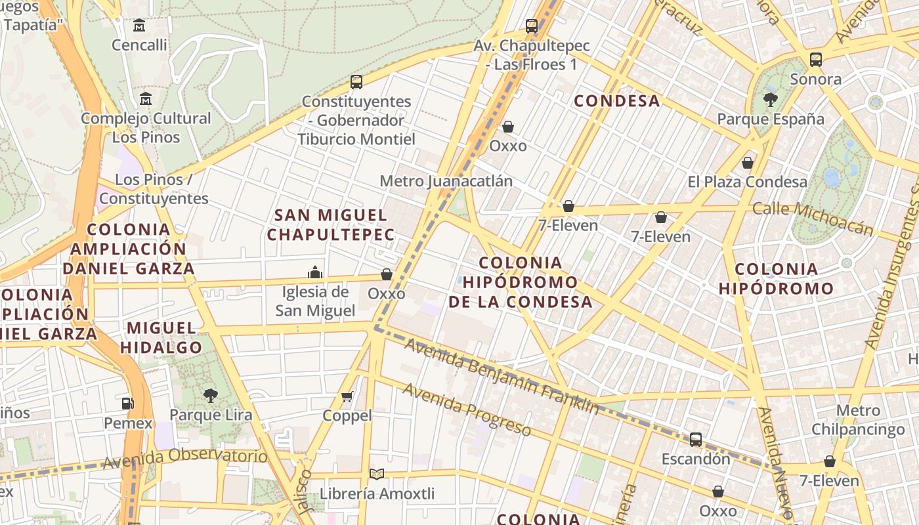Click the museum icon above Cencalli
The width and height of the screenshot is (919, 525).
pyautogui.click(x=139, y=26)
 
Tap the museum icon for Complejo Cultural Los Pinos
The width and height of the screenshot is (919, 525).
pyautogui.click(x=146, y=99)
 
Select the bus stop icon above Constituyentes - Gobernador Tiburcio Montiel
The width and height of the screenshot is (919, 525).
pyautogui.click(x=356, y=82)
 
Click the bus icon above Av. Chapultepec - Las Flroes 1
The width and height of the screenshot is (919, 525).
pyautogui.click(x=532, y=27)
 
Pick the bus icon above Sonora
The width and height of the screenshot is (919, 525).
pyautogui.click(x=816, y=60)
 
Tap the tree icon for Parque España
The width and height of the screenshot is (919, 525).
pyautogui.click(x=771, y=100)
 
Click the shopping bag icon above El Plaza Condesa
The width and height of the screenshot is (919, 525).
pyautogui.click(x=747, y=163)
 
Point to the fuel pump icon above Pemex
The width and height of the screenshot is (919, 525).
pyautogui.click(x=128, y=404)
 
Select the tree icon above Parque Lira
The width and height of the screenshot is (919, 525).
pyautogui.click(x=211, y=395)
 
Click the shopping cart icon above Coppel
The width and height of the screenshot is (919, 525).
pyautogui.click(x=347, y=396)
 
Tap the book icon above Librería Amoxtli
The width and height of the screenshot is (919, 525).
pyautogui.click(x=377, y=474)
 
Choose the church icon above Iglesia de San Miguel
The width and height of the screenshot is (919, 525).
pyautogui.click(x=315, y=272)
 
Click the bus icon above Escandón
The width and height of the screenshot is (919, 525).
pyautogui.click(x=696, y=439)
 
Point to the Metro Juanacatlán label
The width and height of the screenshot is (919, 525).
pyautogui.click(x=446, y=180)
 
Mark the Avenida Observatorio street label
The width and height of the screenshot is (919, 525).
pyautogui.click(x=184, y=458)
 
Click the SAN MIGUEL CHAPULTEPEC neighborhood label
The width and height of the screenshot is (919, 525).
pyautogui.click(x=331, y=224)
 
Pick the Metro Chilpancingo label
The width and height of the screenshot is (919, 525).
pyautogui.click(x=858, y=421)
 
